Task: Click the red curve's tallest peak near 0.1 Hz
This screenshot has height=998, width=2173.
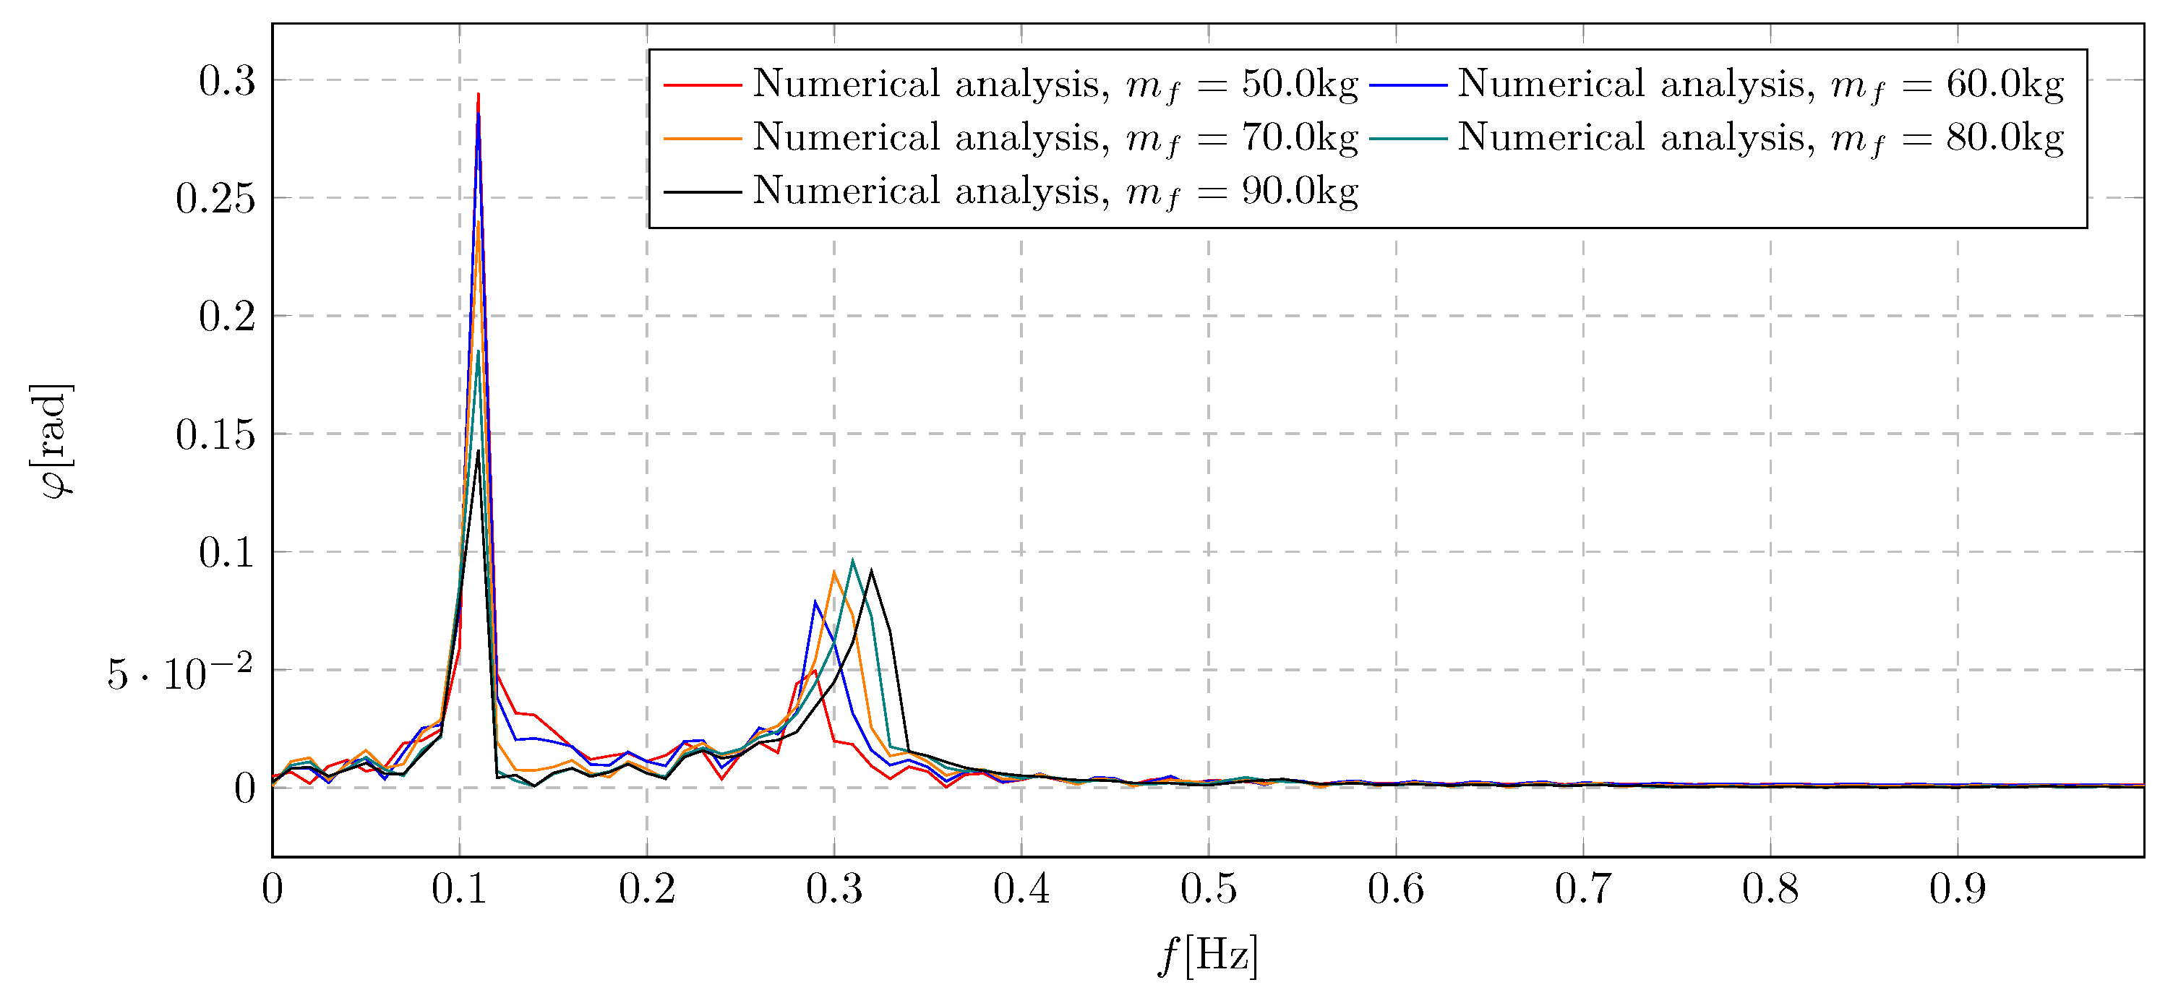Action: tap(479, 95)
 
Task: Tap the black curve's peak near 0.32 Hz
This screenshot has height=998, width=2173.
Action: tap(871, 571)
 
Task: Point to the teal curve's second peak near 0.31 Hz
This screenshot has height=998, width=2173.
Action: tap(853, 560)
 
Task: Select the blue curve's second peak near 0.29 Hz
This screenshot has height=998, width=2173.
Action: tap(815, 601)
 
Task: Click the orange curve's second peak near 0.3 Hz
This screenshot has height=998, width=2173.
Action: tap(833, 572)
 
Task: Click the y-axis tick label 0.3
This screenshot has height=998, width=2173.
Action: tap(227, 82)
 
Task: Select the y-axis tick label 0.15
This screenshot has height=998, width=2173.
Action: tap(215, 435)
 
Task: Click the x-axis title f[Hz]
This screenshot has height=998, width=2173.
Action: tap(1208, 956)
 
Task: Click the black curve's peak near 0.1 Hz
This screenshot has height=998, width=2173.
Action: tap(479, 452)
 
